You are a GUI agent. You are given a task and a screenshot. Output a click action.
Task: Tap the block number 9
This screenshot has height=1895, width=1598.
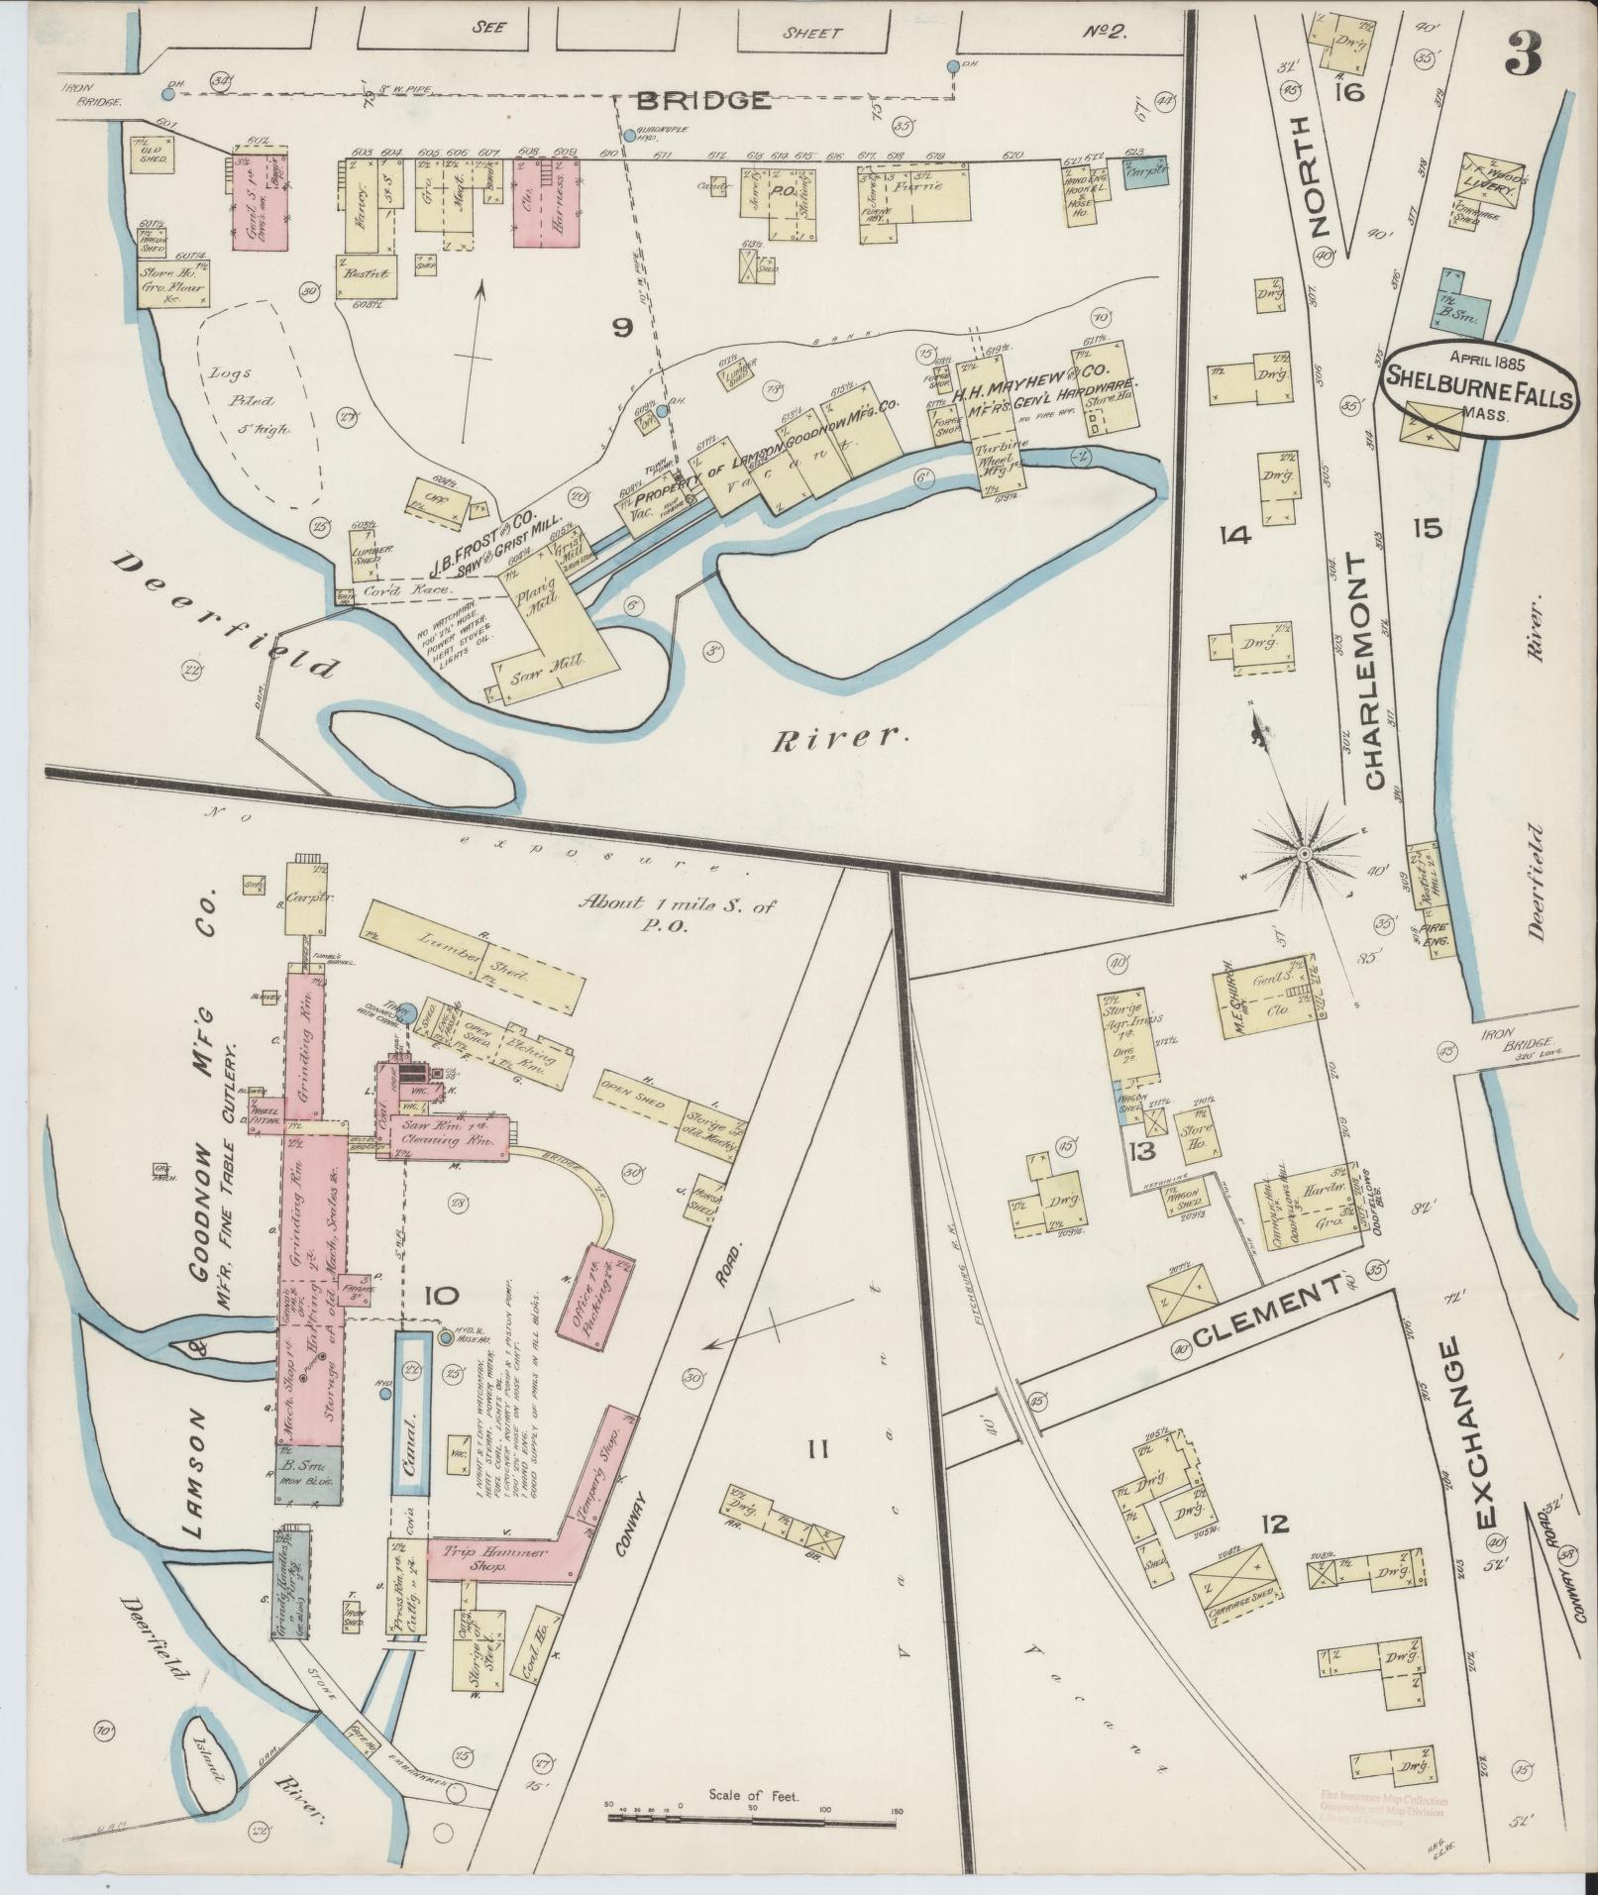(x=621, y=328)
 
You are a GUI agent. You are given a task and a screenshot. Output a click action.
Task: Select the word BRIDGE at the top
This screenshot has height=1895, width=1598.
(x=703, y=99)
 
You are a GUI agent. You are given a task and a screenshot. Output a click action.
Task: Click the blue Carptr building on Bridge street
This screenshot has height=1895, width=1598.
(x=1146, y=172)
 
